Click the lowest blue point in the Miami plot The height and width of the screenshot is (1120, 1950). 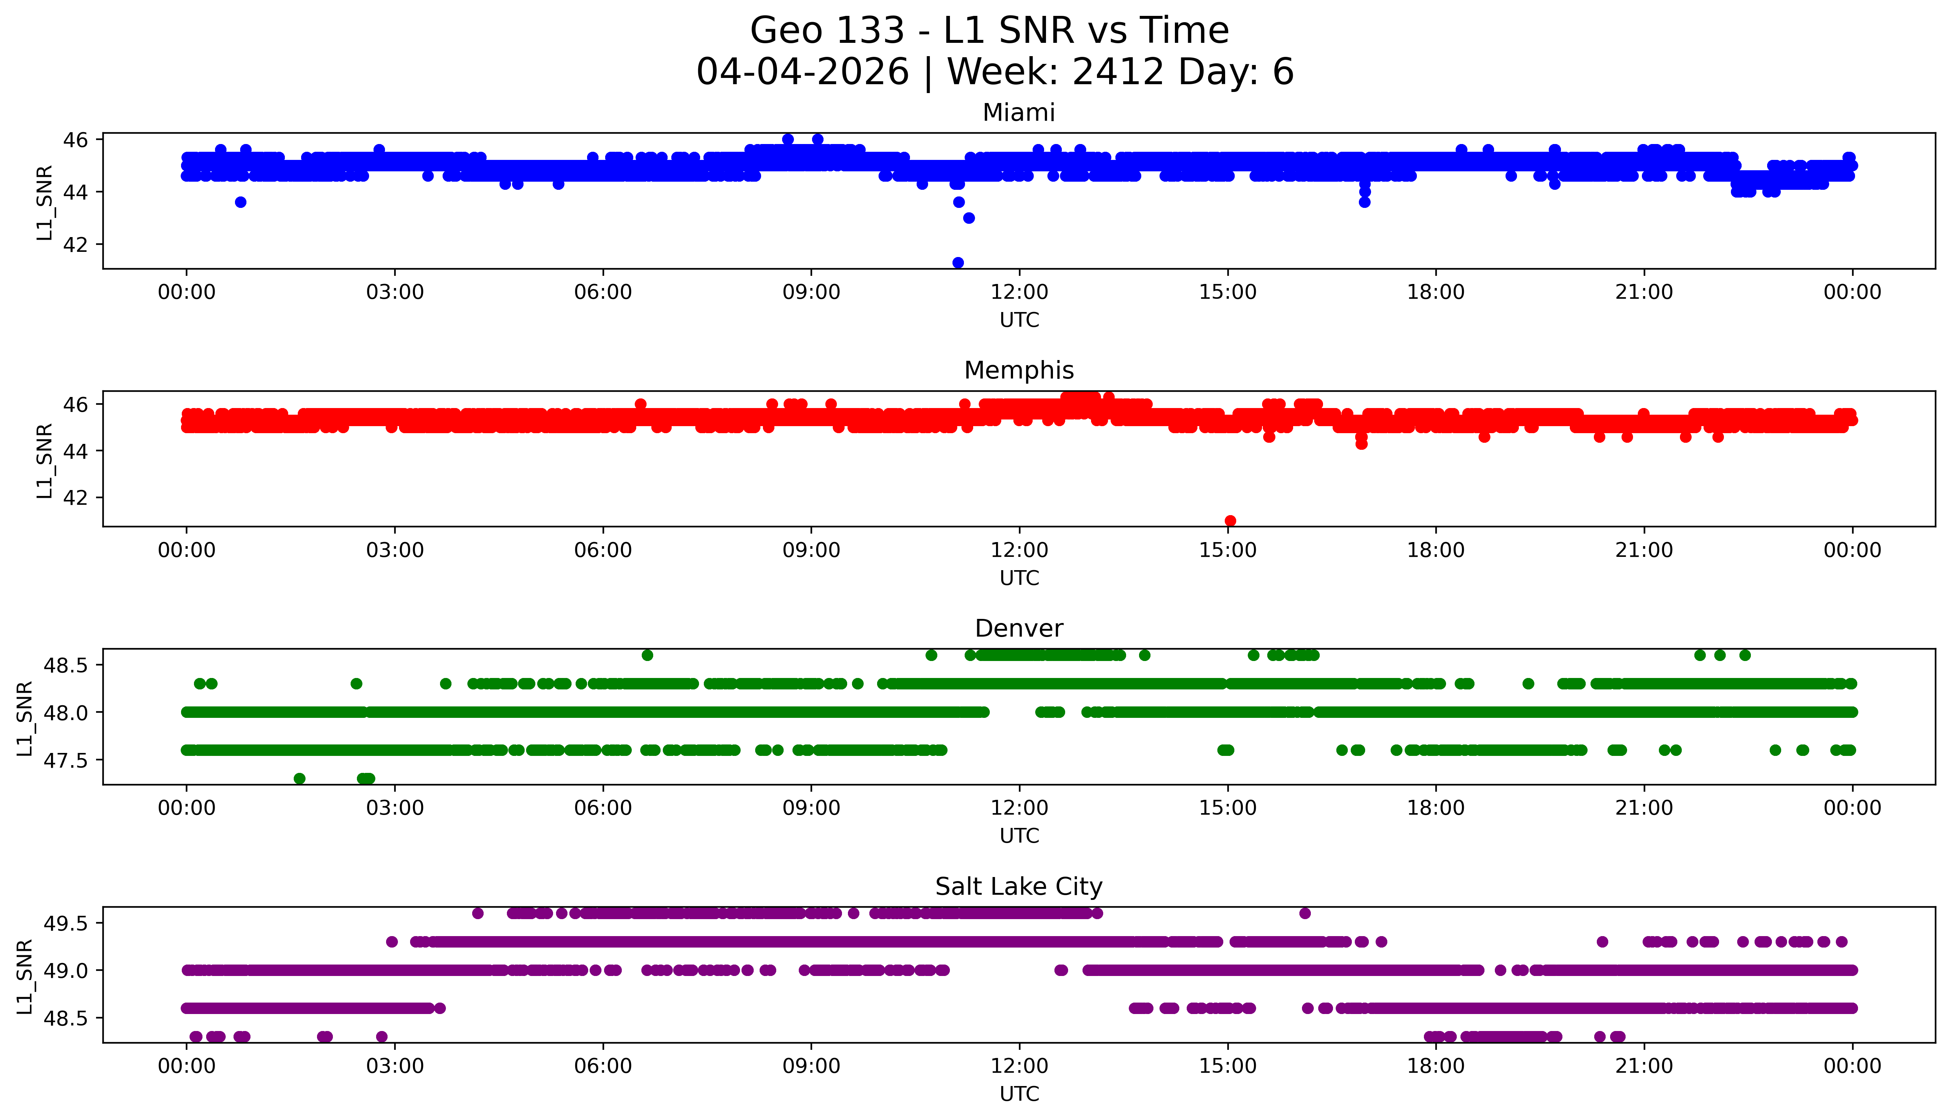(x=958, y=262)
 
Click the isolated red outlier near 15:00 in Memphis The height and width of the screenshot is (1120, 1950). (x=1231, y=521)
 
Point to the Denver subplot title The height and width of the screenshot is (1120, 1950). (x=1019, y=628)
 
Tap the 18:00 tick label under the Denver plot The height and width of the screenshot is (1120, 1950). (x=1436, y=808)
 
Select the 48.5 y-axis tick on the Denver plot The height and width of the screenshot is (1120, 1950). (x=67, y=665)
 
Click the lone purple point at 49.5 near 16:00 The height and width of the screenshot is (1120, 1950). (x=1305, y=913)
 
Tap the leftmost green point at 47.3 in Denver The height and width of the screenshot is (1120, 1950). (x=299, y=778)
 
